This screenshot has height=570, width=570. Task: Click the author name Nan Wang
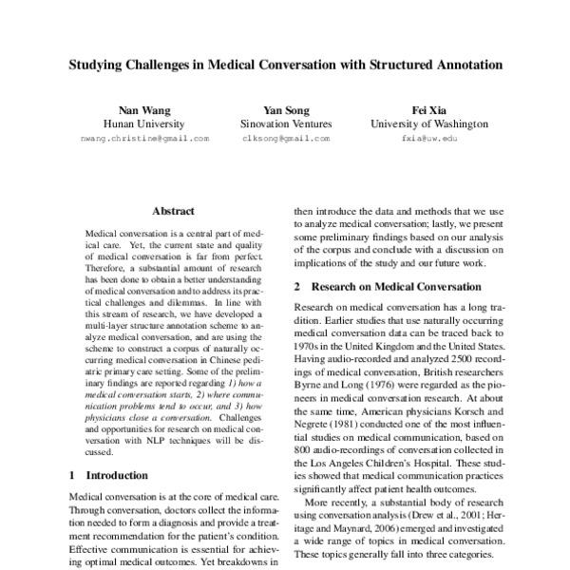144,109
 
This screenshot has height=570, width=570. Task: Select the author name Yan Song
285,109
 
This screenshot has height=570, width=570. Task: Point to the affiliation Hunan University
144,123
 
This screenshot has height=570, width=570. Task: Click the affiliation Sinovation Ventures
285,123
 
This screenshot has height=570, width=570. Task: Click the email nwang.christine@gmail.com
144,139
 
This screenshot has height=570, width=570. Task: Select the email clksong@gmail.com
285,139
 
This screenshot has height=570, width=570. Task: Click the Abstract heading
173,211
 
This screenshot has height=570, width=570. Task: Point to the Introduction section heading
117,474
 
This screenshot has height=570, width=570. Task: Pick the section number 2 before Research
297,286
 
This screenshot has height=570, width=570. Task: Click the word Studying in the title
97,66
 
